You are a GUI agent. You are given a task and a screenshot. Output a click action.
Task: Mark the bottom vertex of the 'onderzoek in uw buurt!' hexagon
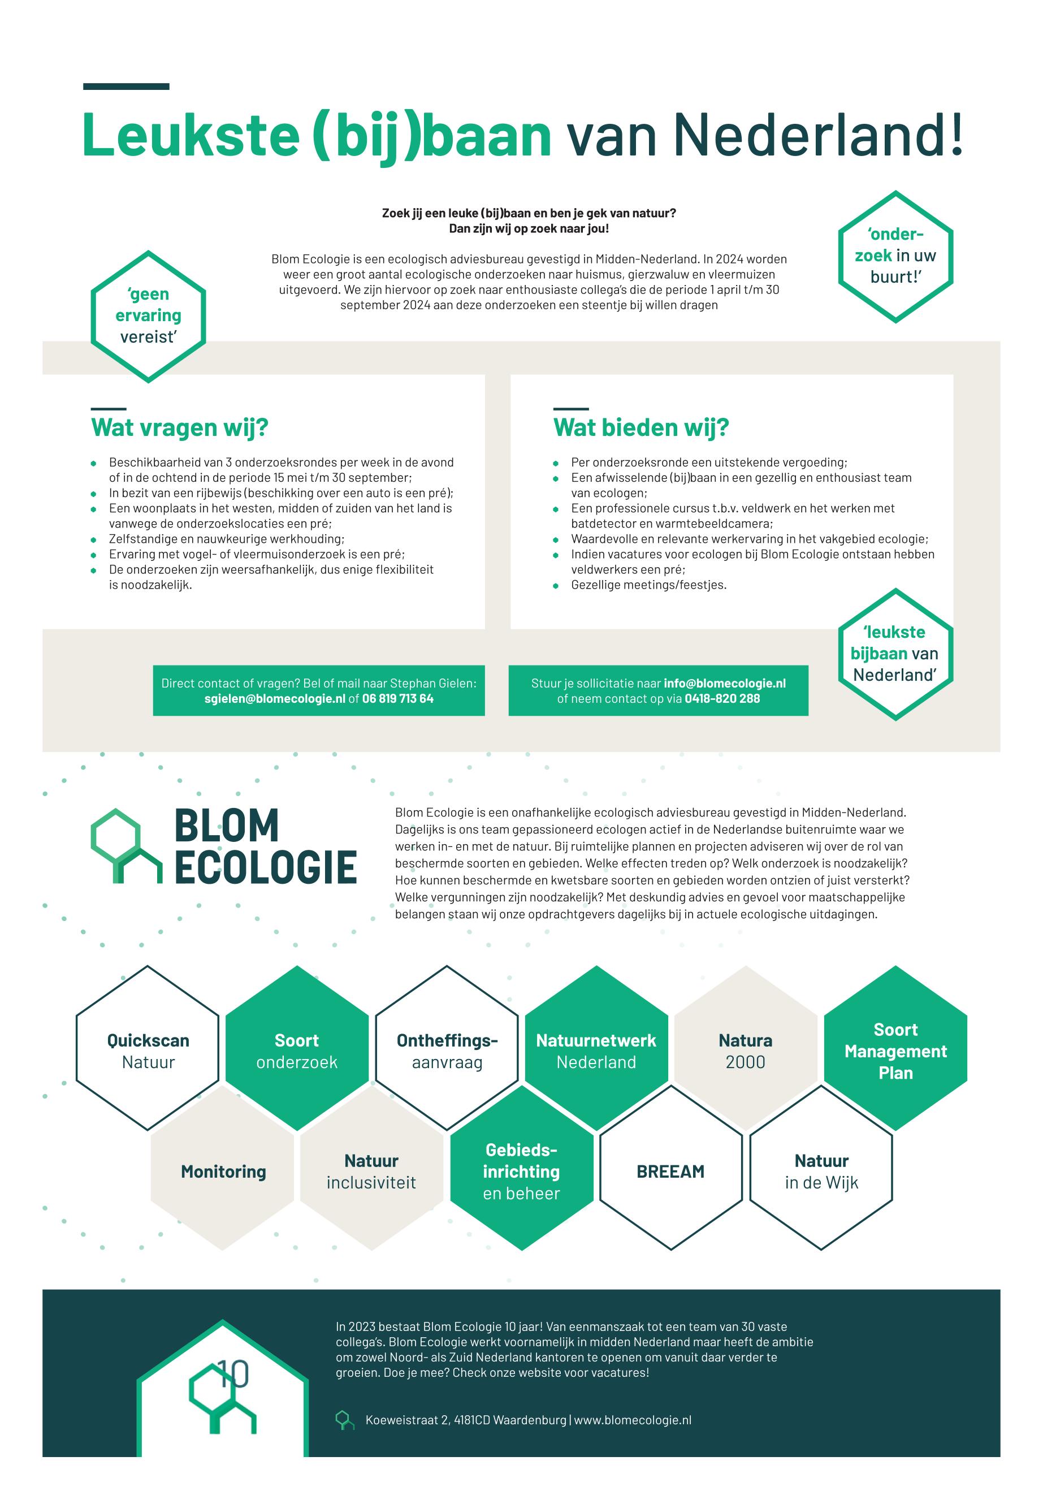(x=895, y=323)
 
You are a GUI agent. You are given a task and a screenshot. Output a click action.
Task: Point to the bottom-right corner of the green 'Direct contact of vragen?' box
(x=485, y=716)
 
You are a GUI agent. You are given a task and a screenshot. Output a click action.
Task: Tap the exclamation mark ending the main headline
(x=957, y=134)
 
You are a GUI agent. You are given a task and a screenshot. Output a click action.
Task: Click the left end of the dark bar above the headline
(x=84, y=87)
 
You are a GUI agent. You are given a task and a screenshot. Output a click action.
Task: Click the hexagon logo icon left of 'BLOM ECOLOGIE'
(x=126, y=846)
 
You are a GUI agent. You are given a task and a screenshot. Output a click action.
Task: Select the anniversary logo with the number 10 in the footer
(x=222, y=1391)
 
